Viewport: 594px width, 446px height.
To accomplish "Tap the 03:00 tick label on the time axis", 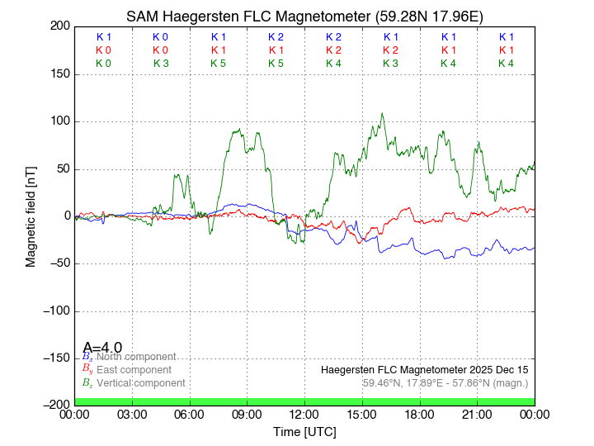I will pos(132,414).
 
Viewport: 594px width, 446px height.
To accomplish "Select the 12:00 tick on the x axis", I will pos(304,414).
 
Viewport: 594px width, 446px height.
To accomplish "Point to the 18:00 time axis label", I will pos(420,414).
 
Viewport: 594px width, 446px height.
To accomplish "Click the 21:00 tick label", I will pos(477,414).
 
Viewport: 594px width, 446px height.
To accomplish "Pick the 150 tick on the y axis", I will pos(59,74).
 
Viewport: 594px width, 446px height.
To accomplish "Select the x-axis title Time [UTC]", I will pos(304,431).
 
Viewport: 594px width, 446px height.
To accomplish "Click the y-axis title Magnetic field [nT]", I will pos(31,216).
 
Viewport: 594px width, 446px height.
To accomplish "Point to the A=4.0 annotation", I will pos(103,347).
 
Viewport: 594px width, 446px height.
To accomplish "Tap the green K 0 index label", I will pos(103,64).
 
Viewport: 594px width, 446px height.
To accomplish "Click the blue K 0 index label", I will pos(160,37).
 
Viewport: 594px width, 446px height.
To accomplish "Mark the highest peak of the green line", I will pos(382,114).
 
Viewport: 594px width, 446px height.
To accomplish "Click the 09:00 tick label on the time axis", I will pos(247,414).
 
